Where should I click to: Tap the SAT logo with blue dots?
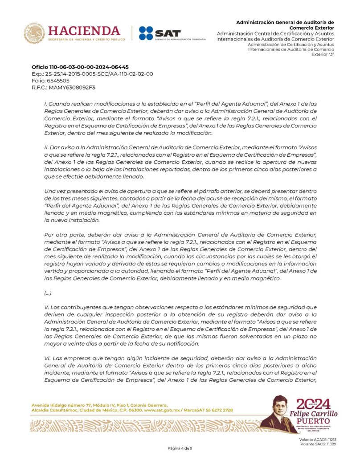pyautogui.click(x=154, y=33)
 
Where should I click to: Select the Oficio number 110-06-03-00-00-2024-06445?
pyautogui.click(x=80, y=67)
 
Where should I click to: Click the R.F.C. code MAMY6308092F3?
pyautogui.click(x=63, y=87)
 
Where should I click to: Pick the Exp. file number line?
pyautogui.click(x=92, y=74)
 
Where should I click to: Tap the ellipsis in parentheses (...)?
pyautogui.click(x=48, y=293)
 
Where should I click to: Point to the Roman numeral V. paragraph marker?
pyautogui.click(x=46, y=307)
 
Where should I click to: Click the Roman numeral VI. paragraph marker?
pyautogui.click(x=47, y=358)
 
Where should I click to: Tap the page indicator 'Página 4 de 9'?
pyautogui.click(x=180, y=448)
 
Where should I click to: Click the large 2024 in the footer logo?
pyautogui.click(x=313, y=404)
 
